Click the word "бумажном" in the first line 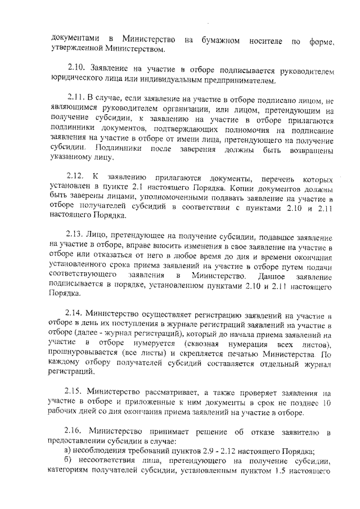222,40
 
